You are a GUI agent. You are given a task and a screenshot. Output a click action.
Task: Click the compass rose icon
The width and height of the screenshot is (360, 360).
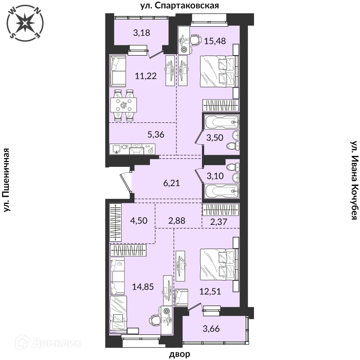25,23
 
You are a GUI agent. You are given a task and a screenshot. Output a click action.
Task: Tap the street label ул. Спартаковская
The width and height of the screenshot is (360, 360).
180,6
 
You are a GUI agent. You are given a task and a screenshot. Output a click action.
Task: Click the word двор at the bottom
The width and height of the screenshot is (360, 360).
180,354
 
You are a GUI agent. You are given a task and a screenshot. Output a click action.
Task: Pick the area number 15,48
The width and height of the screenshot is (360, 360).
215,41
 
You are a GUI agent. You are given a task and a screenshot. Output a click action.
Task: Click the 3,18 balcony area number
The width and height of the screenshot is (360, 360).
142,33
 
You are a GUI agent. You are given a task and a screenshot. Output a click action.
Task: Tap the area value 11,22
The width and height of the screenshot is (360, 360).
146,76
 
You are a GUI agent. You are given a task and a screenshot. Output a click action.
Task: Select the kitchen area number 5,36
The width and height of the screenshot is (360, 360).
156,134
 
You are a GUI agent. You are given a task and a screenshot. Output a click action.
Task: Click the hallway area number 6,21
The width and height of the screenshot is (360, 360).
172,183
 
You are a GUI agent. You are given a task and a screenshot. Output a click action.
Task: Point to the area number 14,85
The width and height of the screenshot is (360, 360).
143,286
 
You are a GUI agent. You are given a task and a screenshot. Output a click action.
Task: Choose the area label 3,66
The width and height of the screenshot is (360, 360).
211,328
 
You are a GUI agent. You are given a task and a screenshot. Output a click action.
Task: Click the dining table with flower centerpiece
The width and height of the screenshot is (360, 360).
124,105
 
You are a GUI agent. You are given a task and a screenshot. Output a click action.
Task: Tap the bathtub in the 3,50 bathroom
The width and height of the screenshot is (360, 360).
222,122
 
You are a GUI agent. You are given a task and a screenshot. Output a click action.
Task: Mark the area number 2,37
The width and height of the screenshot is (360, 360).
218,222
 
